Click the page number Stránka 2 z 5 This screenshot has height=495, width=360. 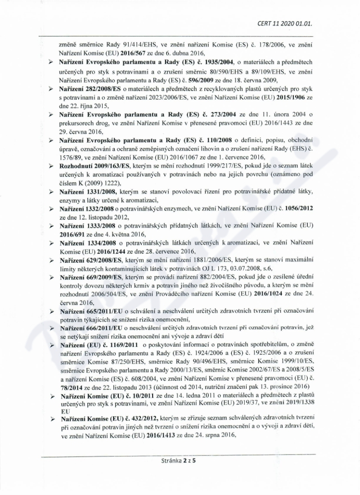pyautogui.click(x=180, y=460)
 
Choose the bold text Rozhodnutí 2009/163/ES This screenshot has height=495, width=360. pyautogui.click(x=91, y=168)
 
